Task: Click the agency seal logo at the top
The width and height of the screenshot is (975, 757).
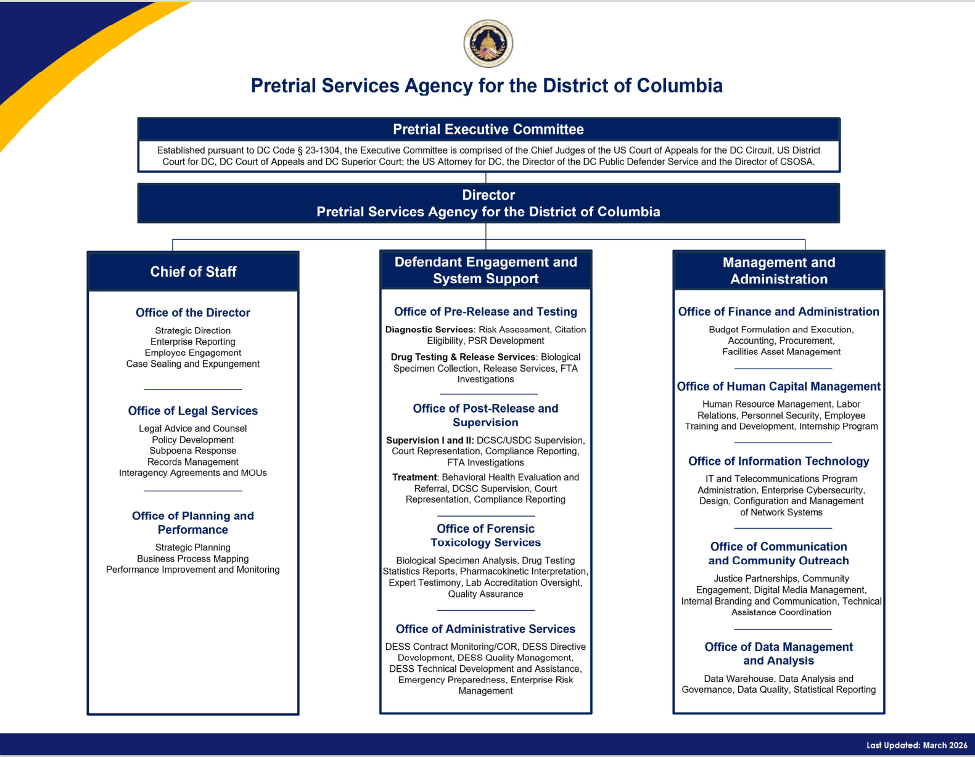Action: pos(488,43)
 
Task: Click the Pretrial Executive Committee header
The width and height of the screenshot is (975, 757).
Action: pos(488,129)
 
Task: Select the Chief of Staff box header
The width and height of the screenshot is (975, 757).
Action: pos(193,272)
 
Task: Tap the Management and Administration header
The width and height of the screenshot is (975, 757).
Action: pos(778,271)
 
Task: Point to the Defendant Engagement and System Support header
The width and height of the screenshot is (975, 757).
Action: pos(485,270)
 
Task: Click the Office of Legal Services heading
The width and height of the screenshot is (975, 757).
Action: pos(192,411)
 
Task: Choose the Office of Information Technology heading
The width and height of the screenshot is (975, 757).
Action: pos(778,461)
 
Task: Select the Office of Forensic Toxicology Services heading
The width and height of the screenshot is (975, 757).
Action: pos(485,536)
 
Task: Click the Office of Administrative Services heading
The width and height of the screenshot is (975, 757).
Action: pos(485,629)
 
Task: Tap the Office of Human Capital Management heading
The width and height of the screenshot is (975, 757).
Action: pos(778,387)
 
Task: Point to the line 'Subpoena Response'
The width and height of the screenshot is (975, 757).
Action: pos(192,451)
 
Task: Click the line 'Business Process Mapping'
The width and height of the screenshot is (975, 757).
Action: pos(192,559)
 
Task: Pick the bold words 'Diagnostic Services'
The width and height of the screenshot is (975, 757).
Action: pos(429,330)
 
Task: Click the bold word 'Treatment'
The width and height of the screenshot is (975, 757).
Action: pos(414,477)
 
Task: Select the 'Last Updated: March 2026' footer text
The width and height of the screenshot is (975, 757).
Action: pos(916,745)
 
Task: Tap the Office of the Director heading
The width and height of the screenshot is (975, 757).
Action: pos(192,313)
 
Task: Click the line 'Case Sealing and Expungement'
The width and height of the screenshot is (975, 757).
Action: pos(192,364)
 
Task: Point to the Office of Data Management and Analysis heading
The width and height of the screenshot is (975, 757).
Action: pos(778,653)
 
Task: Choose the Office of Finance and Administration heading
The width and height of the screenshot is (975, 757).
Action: pos(778,312)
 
